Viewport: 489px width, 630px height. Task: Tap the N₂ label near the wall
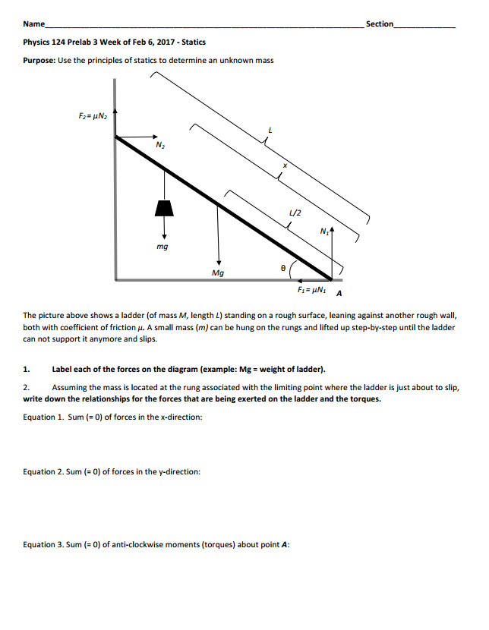(159, 144)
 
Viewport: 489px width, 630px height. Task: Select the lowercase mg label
(162, 247)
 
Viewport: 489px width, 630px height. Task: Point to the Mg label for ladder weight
(218, 272)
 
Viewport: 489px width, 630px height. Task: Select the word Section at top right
(380, 24)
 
